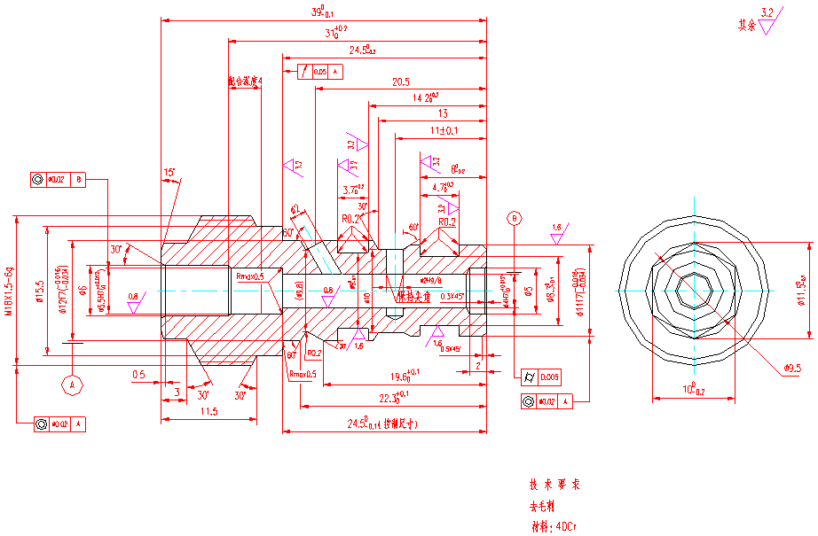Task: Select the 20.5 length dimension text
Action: (401, 82)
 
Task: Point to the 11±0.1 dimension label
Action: (444, 131)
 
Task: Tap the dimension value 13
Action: (444, 113)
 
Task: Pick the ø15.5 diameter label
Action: (40, 291)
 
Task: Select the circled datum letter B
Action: (513, 218)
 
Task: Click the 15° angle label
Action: (169, 172)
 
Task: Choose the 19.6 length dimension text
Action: (403, 375)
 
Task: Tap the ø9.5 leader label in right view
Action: (793, 367)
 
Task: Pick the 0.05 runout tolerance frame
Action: (313, 72)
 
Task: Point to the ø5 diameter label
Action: (530, 290)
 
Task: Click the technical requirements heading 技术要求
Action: (555, 486)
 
